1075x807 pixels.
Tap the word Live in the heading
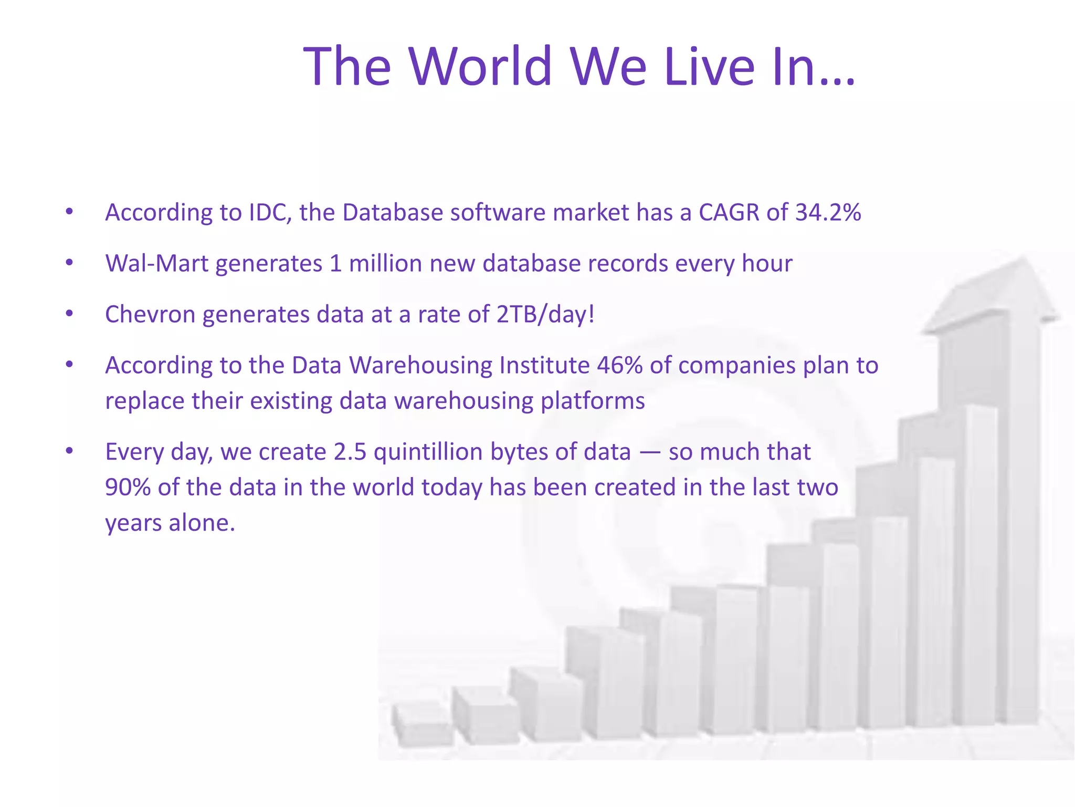(x=710, y=66)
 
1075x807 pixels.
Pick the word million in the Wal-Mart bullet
(x=385, y=264)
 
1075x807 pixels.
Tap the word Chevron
(x=150, y=315)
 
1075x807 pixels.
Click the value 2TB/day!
(x=545, y=315)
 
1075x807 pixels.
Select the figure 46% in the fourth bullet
(x=619, y=366)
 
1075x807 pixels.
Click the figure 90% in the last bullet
(x=128, y=488)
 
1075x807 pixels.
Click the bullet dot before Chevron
(x=69, y=314)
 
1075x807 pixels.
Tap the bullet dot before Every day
(x=69, y=451)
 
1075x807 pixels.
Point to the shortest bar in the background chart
(x=423, y=725)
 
